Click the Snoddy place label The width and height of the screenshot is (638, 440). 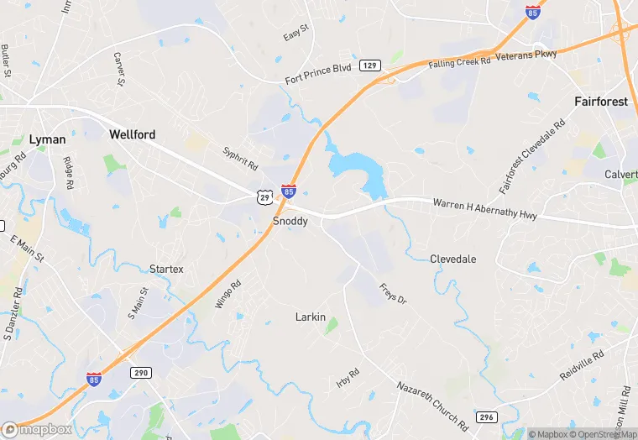[290, 221]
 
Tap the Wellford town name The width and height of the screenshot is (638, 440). [133, 134]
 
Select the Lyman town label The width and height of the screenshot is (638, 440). [47, 139]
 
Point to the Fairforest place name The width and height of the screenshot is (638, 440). [601, 102]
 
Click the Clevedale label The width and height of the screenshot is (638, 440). [452, 259]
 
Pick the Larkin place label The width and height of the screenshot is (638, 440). [310, 317]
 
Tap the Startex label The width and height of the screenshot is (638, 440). [166, 269]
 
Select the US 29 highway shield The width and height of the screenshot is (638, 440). [264, 196]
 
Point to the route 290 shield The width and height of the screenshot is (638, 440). [139, 372]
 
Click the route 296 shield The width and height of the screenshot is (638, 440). [486, 416]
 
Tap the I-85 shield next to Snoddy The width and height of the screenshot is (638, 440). [289, 192]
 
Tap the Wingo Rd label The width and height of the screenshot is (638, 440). [227, 294]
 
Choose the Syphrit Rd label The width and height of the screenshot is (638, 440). [240, 160]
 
